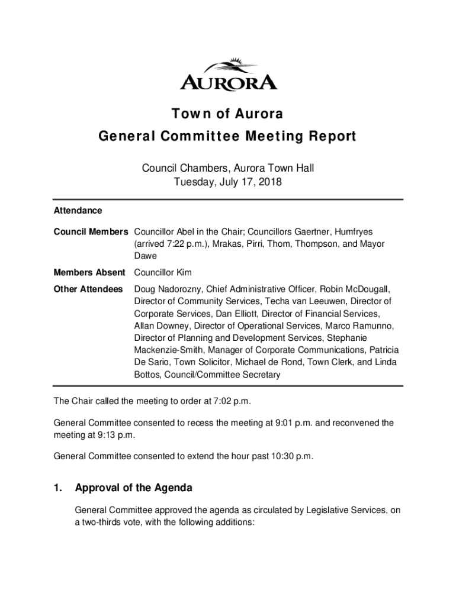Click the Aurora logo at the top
tap(228, 75)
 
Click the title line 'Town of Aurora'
tap(228, 114)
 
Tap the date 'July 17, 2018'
tap(251, 183)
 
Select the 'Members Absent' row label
tap(89, 273)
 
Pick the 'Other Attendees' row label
tap(88, 289)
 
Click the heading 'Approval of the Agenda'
tap(133, 488)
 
